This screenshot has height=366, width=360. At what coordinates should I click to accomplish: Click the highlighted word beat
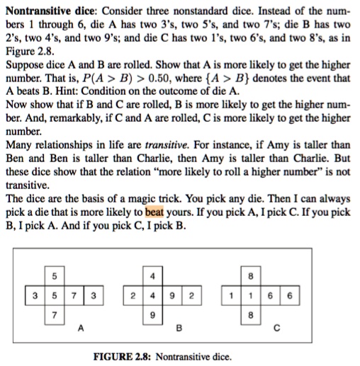(154, 212)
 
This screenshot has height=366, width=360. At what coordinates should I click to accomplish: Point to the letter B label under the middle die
(179, 328)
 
